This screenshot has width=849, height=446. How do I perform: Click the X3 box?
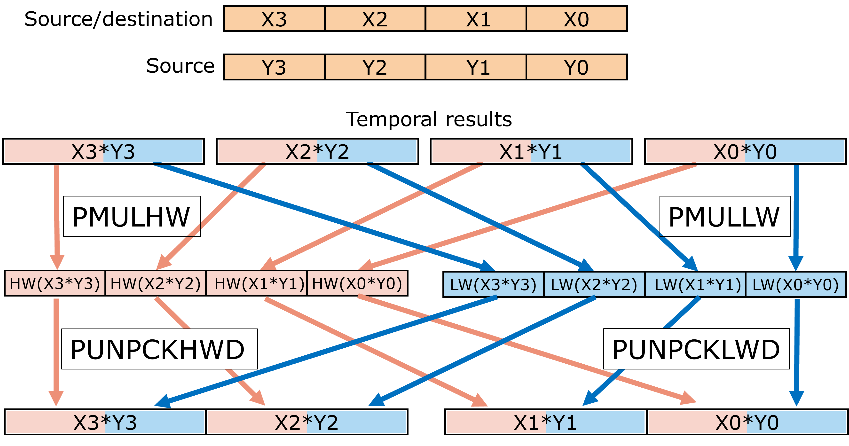pos(274,19)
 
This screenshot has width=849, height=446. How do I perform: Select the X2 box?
pos(375,19)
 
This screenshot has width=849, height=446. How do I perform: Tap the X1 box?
pos(476,19)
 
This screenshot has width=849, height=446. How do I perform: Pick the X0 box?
pos(576,19)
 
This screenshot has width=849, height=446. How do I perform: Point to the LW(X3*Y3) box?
pos(493,284)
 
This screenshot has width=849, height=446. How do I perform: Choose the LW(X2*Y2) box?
pos(594,284)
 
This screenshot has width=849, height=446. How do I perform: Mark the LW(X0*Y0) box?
pos(796,284)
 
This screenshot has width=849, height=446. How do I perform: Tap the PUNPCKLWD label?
pos(696,349)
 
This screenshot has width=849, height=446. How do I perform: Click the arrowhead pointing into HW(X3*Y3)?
pos(57,262)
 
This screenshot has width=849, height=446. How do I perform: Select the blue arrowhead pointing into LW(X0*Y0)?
pos(796,264)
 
